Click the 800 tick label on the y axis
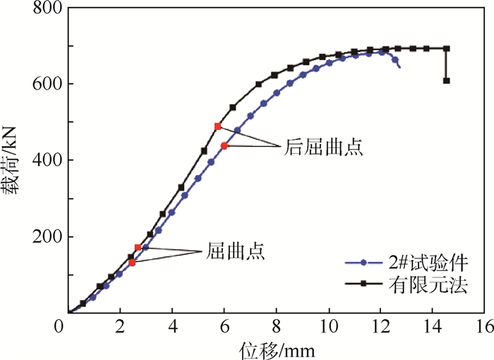click(47, 8)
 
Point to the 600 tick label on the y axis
click(47, 84)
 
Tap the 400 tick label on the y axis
click(47, 160)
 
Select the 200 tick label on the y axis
click(47, 236)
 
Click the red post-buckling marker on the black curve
click(218, 126)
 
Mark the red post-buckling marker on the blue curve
click(224, 145)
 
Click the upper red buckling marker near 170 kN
click(138, 248)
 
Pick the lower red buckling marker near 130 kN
click(132, 263)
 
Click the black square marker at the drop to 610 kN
click(447, 80)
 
